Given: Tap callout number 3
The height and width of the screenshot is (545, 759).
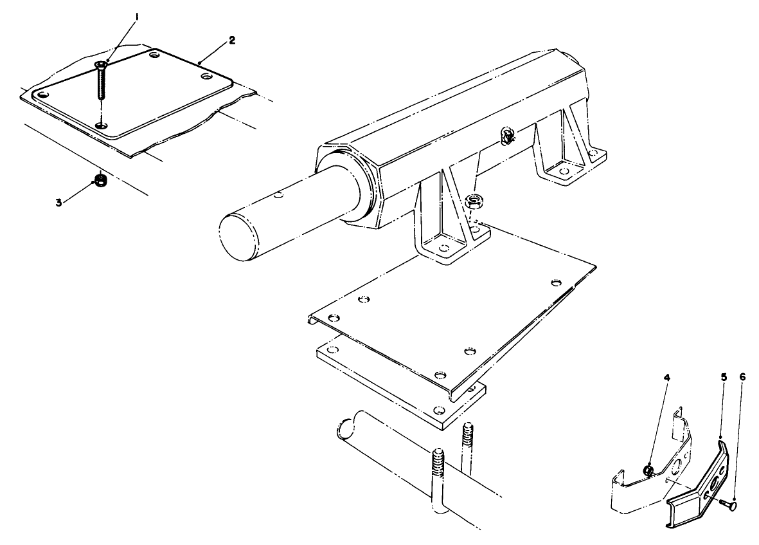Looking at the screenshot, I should click(58, 201).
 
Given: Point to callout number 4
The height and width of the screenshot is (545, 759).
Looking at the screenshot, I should click(666, 378).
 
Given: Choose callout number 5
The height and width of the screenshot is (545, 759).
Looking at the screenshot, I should click(723, 378).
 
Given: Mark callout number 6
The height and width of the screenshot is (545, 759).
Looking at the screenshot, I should click(743, 378).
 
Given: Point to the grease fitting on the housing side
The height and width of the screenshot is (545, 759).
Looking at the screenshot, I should click(506, 136).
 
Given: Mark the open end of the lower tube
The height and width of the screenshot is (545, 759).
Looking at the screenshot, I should click(346, 427).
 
